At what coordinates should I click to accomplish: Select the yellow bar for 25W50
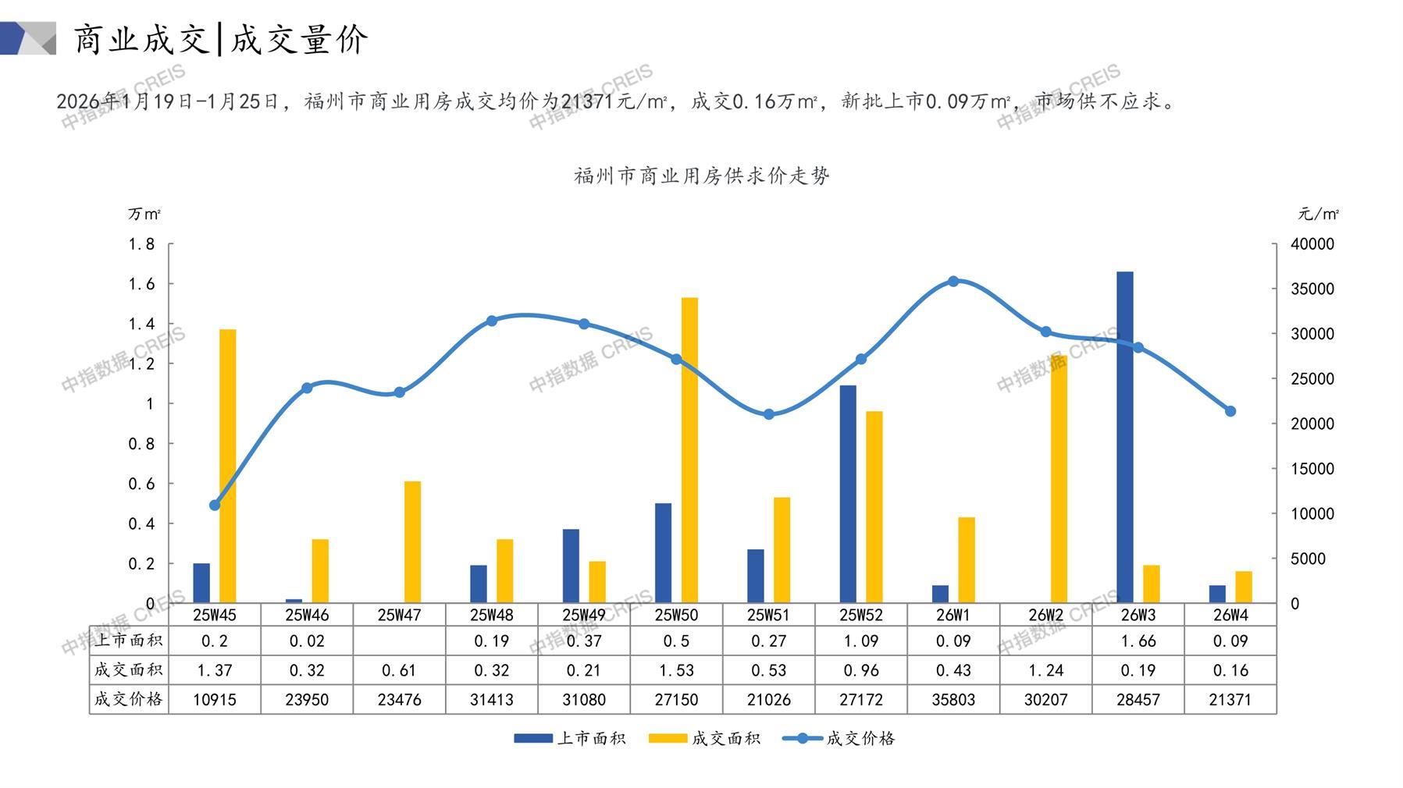689,450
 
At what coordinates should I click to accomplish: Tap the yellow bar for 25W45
227,466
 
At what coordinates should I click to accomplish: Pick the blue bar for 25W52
848,494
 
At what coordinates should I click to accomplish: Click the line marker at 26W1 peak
953,282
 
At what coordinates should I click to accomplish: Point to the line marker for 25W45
215,505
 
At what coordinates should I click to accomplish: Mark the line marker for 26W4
1230,411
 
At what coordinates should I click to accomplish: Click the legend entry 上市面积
570,738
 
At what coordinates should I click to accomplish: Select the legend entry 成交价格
839,738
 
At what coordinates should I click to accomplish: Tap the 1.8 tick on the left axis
141,244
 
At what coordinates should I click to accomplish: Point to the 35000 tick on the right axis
1312,289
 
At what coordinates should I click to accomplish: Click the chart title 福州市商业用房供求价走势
701,176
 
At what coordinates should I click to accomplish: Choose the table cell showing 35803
953,700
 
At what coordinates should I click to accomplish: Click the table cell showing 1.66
1138,641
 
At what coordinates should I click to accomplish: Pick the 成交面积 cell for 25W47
399,670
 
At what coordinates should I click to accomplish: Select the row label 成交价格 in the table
129,699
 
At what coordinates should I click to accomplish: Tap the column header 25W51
768,615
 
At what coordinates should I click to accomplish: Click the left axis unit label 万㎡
144,214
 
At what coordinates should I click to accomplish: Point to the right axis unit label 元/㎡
1318,214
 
